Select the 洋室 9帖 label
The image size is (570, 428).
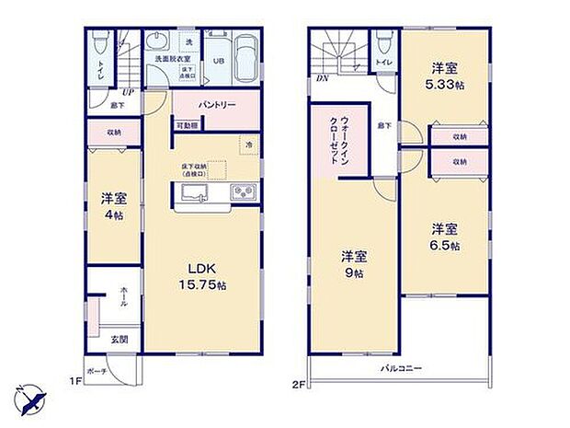353,264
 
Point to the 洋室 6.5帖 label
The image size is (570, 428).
444,237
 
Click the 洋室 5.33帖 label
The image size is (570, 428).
445,75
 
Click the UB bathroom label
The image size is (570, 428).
219,61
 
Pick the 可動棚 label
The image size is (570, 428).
187,125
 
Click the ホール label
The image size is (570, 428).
124,295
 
